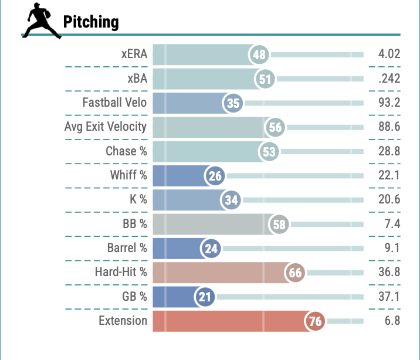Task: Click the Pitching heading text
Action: pos(91,22)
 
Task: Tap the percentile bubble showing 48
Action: pos(259,55)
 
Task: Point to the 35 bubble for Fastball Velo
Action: pos(233,103)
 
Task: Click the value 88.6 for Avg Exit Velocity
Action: pos(389,127)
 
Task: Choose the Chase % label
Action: pos(126,151)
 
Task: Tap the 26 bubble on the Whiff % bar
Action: pos(215,176)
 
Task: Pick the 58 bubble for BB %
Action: pos(279,224)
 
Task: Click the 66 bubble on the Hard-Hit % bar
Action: pos(295,273)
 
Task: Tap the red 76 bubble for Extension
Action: pos(314,321)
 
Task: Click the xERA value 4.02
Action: pos(389,55)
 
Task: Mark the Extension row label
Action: pos(123,321)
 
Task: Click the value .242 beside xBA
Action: pos(389,79)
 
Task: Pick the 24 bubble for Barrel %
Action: pos(211,249)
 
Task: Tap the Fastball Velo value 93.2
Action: pos(389,103)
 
